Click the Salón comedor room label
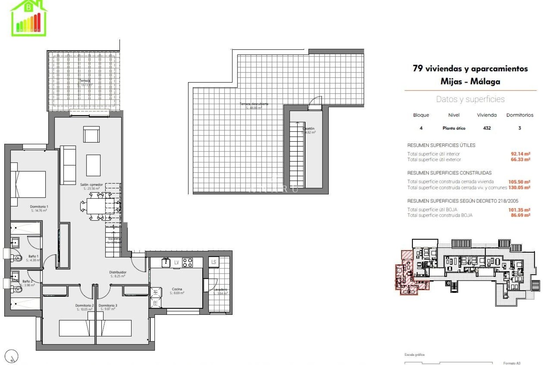point(91,185)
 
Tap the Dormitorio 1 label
point(39,207)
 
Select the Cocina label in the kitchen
point(177,289)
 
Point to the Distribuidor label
point(118,272)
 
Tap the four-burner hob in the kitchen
point(187,262)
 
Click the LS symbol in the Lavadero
point(213,262)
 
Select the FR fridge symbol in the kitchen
point(156,303)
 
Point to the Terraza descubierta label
point(254,104)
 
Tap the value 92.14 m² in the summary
point(520,154)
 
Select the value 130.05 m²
point(519,188)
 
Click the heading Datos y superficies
point(470,99)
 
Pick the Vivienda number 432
point(487,128)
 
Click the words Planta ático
point(454,128)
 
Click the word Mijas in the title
point(451,82)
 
